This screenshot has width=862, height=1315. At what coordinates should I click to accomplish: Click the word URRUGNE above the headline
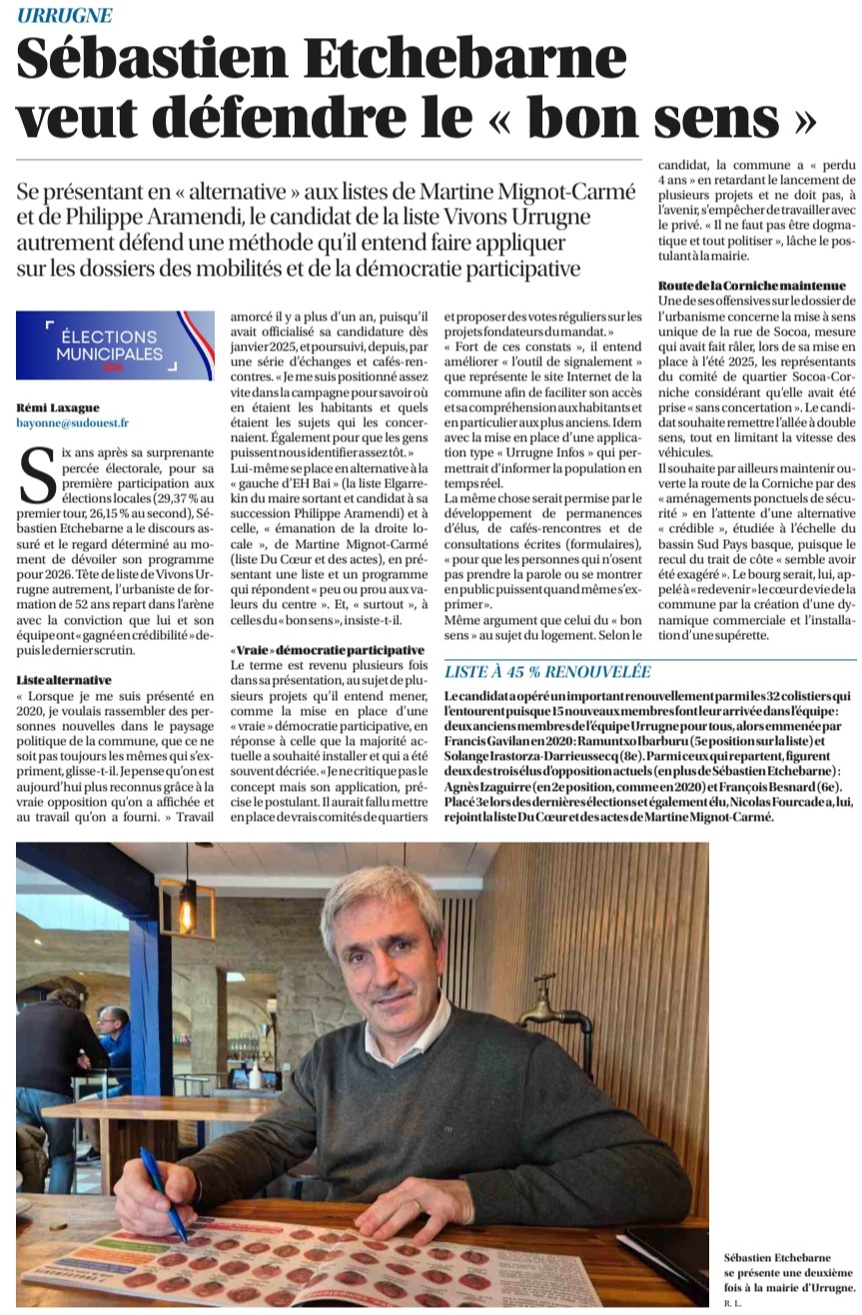(65, 16)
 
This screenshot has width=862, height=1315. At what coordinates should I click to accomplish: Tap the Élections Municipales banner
(115, 345)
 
